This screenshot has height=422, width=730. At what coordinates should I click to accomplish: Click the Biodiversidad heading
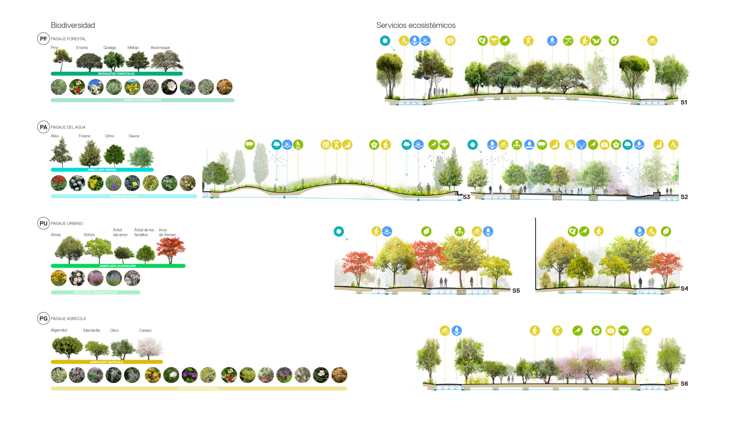tap(73, 25)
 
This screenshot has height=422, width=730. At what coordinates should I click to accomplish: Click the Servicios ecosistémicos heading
tap(415, 25)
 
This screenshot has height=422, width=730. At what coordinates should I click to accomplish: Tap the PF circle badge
tap(43, 39)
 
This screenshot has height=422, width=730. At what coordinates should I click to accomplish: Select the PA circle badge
tap(43, 127)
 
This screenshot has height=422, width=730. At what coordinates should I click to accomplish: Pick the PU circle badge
tap(43, 223)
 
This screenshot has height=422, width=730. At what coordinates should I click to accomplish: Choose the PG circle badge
tap(43, 318)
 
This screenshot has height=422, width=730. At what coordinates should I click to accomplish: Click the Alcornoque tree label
tap(160, 48)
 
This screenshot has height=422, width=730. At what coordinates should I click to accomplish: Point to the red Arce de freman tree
tap(171, 249)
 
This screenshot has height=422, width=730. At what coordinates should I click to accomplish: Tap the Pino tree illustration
tap(62, 59)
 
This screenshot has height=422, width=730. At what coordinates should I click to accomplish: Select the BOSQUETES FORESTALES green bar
tap(116, 74)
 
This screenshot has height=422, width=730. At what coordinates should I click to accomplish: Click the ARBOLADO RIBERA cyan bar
tap(102, 169)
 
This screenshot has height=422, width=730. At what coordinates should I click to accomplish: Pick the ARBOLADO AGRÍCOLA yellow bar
tap(107, 362)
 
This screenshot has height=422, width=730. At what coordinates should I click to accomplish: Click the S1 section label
tap(684, 102)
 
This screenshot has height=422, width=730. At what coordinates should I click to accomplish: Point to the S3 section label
tap(466, 197)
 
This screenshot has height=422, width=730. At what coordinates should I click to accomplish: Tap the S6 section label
tap(684, 383)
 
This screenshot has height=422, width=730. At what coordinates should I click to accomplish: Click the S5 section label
tap(516, 290)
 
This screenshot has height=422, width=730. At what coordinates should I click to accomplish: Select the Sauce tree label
tap(134, 136)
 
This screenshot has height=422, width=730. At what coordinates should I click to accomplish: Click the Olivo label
tap(114, 330)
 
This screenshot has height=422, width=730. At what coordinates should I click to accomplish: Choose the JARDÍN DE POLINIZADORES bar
tap(199, 388)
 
